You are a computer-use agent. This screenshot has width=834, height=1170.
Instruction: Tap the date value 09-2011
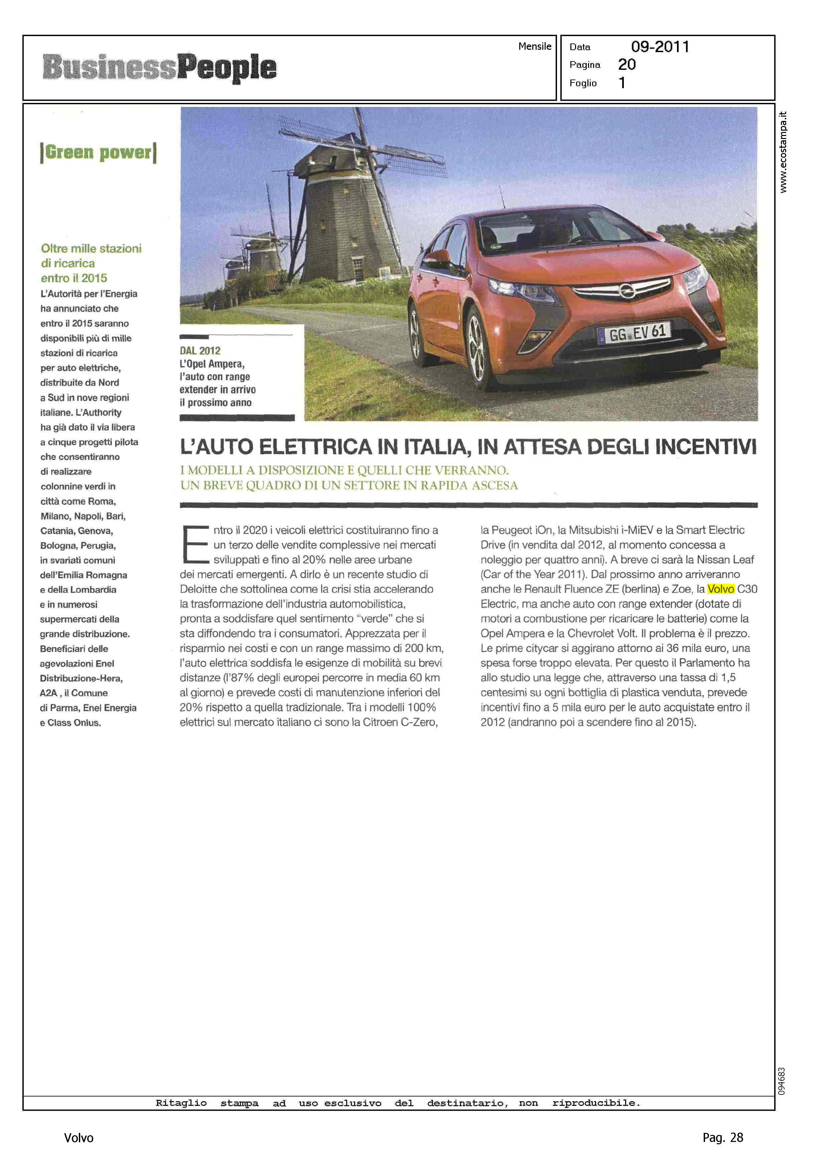coord(660,47)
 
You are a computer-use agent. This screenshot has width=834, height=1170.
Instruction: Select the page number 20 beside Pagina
coord(627,65)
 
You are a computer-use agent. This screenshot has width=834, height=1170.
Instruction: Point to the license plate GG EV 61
coord(635,334)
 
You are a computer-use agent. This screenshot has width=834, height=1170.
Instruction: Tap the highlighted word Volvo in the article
coord(720,589)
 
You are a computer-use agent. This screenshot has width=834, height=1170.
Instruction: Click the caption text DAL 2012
coord(200,351)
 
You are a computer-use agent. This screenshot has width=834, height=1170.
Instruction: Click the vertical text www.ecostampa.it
coord(783,152)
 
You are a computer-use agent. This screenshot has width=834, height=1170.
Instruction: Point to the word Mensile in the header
coord(535,46)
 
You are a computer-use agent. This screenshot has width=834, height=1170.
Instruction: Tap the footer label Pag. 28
coord(722,1138)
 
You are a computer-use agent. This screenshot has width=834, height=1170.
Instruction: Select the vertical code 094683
coord(782,1081)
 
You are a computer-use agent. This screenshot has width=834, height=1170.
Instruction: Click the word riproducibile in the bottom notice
coord(596,1103)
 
